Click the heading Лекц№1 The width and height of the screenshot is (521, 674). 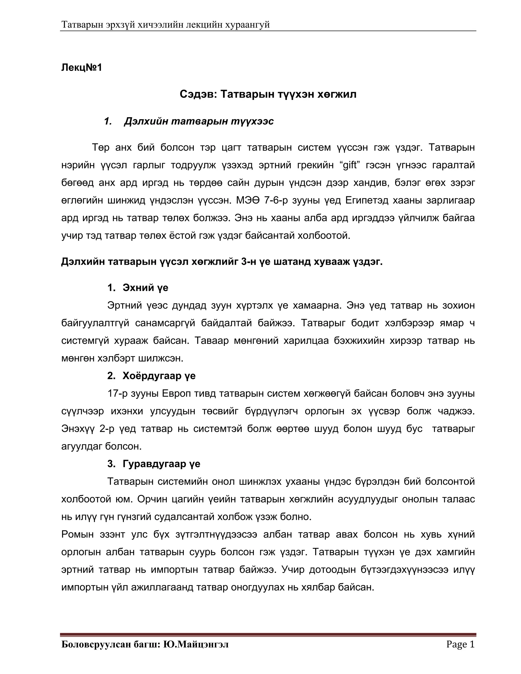[x=81, y=67]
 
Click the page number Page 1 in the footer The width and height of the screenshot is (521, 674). [x=460, y=644]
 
